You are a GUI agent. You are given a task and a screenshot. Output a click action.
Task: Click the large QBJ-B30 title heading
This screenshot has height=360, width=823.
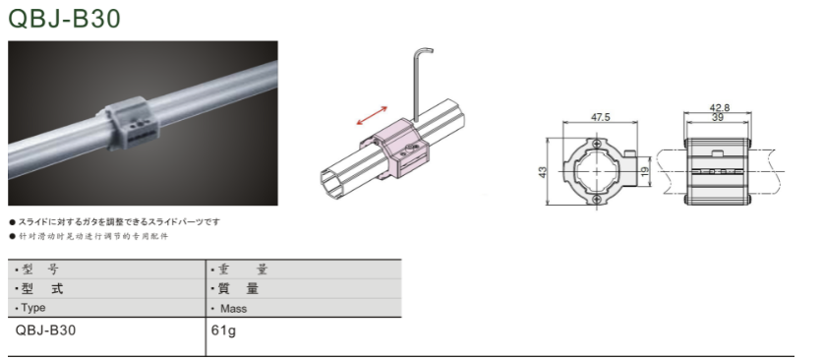click(65, 19)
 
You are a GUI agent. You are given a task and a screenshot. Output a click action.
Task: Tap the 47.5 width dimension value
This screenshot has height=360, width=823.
click(601, 117)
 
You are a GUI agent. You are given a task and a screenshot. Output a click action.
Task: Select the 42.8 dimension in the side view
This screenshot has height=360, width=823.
click(719, 108)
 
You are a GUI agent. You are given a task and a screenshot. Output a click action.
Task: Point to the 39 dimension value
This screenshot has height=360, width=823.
click(718, 118)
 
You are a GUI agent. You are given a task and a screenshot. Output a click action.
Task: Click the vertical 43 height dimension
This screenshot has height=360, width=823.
click(543, 171)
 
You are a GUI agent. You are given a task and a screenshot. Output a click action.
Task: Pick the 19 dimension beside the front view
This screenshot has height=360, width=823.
click(646, 170)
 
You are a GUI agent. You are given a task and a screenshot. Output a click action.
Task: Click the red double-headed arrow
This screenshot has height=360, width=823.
click(372, 116)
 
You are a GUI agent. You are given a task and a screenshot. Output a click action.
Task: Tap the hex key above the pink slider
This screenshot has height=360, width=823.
click(421, 84)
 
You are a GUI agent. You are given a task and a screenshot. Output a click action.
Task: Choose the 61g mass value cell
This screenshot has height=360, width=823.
click(223, 331)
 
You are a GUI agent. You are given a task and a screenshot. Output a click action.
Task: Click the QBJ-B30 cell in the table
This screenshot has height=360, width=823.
click(45, 330)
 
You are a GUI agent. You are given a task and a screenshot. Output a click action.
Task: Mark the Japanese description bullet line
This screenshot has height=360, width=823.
click(115, 222)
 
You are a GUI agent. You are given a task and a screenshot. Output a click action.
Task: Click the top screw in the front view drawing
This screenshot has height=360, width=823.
click(596, 143)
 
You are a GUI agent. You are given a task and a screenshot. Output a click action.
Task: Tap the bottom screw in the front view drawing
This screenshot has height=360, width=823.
click(596, 199)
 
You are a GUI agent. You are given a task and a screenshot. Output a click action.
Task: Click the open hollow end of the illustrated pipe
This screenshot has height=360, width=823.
click(330, 183)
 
